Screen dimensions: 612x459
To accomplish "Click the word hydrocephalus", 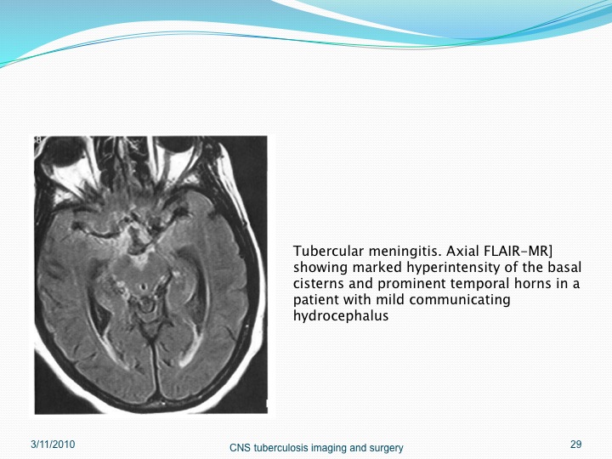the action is pos(341,316).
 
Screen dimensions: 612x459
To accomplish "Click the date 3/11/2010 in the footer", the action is pos(53,445).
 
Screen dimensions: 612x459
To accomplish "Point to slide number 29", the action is pos(575,445).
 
